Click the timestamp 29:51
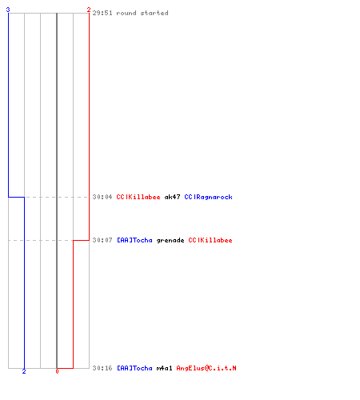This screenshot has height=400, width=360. (102, 13)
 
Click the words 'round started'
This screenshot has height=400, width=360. (142, 13)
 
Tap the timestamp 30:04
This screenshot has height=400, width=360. (102, 197)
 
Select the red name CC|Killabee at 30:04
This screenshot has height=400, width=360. (138, 197)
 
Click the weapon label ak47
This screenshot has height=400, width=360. (172, 197)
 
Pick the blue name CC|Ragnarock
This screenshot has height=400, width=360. (208, 197)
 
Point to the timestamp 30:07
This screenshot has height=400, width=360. (102, 240)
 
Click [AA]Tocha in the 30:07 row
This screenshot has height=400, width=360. (134, 240)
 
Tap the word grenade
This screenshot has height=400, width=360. (170, 241)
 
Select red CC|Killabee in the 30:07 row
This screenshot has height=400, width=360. (210, 240)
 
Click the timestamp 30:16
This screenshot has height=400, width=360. (102, 368)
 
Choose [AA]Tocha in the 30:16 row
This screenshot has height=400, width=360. (134, 368)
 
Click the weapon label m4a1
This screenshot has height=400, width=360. (164, 368)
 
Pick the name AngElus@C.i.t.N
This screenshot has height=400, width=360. (206, 368)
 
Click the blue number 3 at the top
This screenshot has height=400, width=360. (8, 10)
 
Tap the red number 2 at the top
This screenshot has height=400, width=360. (89, 10)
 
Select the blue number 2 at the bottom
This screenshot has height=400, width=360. (24, 371)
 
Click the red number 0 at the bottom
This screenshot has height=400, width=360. (57, 371)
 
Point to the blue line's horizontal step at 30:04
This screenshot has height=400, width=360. (16, 197)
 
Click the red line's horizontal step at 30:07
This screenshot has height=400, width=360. (81, 240)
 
